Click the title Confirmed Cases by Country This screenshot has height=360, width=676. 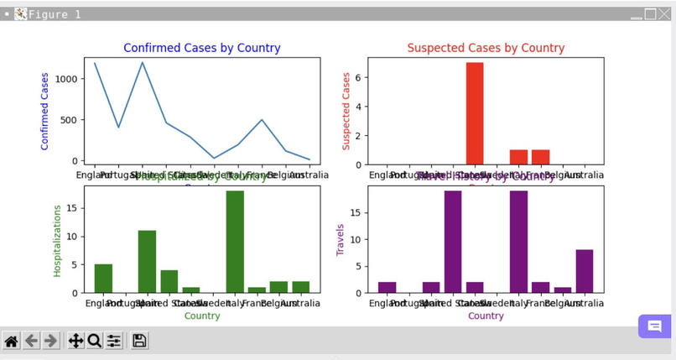(201, 48)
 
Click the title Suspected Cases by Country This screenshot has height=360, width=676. (486, 48)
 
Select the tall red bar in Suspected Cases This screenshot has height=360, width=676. (475, 113)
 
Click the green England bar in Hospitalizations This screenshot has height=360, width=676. (103, 278)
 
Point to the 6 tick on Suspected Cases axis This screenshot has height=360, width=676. (356, 77)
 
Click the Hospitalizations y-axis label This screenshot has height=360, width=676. (57, 241)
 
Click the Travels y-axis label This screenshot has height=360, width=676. (341, 239)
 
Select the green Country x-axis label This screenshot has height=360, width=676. (202, 316)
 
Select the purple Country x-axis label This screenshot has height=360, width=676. (486, 316)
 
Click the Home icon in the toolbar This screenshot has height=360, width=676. (12, 341)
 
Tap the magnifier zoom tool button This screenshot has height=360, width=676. (94, 341)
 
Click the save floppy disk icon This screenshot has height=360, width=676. (140, 341)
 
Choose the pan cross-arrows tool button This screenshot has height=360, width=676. (75, 341)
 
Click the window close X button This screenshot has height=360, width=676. (664, 14)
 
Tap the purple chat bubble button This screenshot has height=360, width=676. (654, 326)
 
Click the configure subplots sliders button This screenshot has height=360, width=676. (114, 341)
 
